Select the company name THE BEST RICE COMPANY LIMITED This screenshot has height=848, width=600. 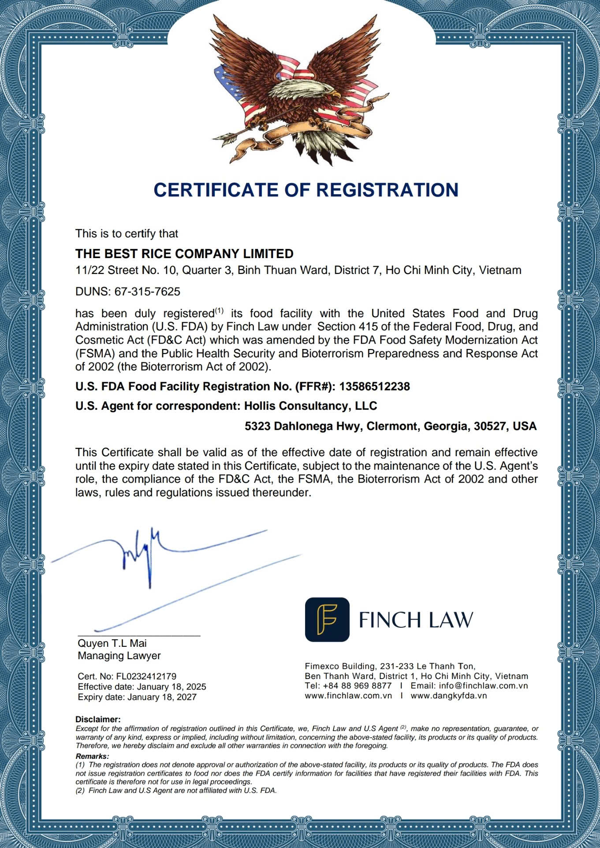pos(184,254)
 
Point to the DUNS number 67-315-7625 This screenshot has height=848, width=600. pos(147,292)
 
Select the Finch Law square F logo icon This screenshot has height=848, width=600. pos(327,619)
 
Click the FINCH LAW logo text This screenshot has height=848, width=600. pos(415,620)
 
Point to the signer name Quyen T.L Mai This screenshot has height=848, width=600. pos(112,643)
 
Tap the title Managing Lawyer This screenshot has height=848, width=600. pos(119,656)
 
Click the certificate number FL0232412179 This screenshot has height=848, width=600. pos(146,676)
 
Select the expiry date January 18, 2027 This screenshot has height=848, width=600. pos(162,697)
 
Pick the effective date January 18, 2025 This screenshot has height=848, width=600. pos(171,687)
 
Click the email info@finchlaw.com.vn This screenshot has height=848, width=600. pos(469,686)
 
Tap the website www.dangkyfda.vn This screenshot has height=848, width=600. pos(449,696)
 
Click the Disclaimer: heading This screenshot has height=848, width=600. pos(98,720)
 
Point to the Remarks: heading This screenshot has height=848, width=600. pos(92,757)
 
